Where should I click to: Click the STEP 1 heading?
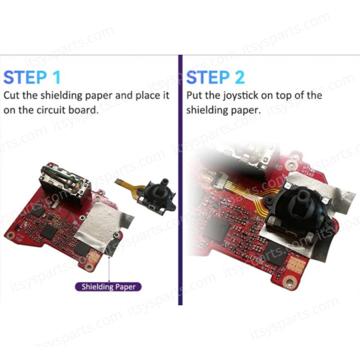tap(32, 77)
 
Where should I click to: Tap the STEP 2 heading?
tap(215, 77)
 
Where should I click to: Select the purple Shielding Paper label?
tap(108, 287)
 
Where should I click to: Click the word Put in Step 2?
tap(194, 95)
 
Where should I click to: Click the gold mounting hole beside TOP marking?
tap(10, 235)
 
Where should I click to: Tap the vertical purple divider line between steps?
tap(180, 180)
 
